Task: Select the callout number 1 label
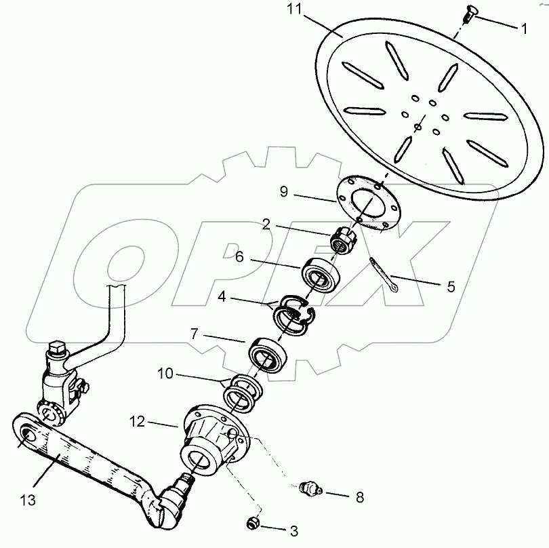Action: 523,31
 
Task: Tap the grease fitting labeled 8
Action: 308,488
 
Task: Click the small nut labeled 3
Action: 252,524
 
